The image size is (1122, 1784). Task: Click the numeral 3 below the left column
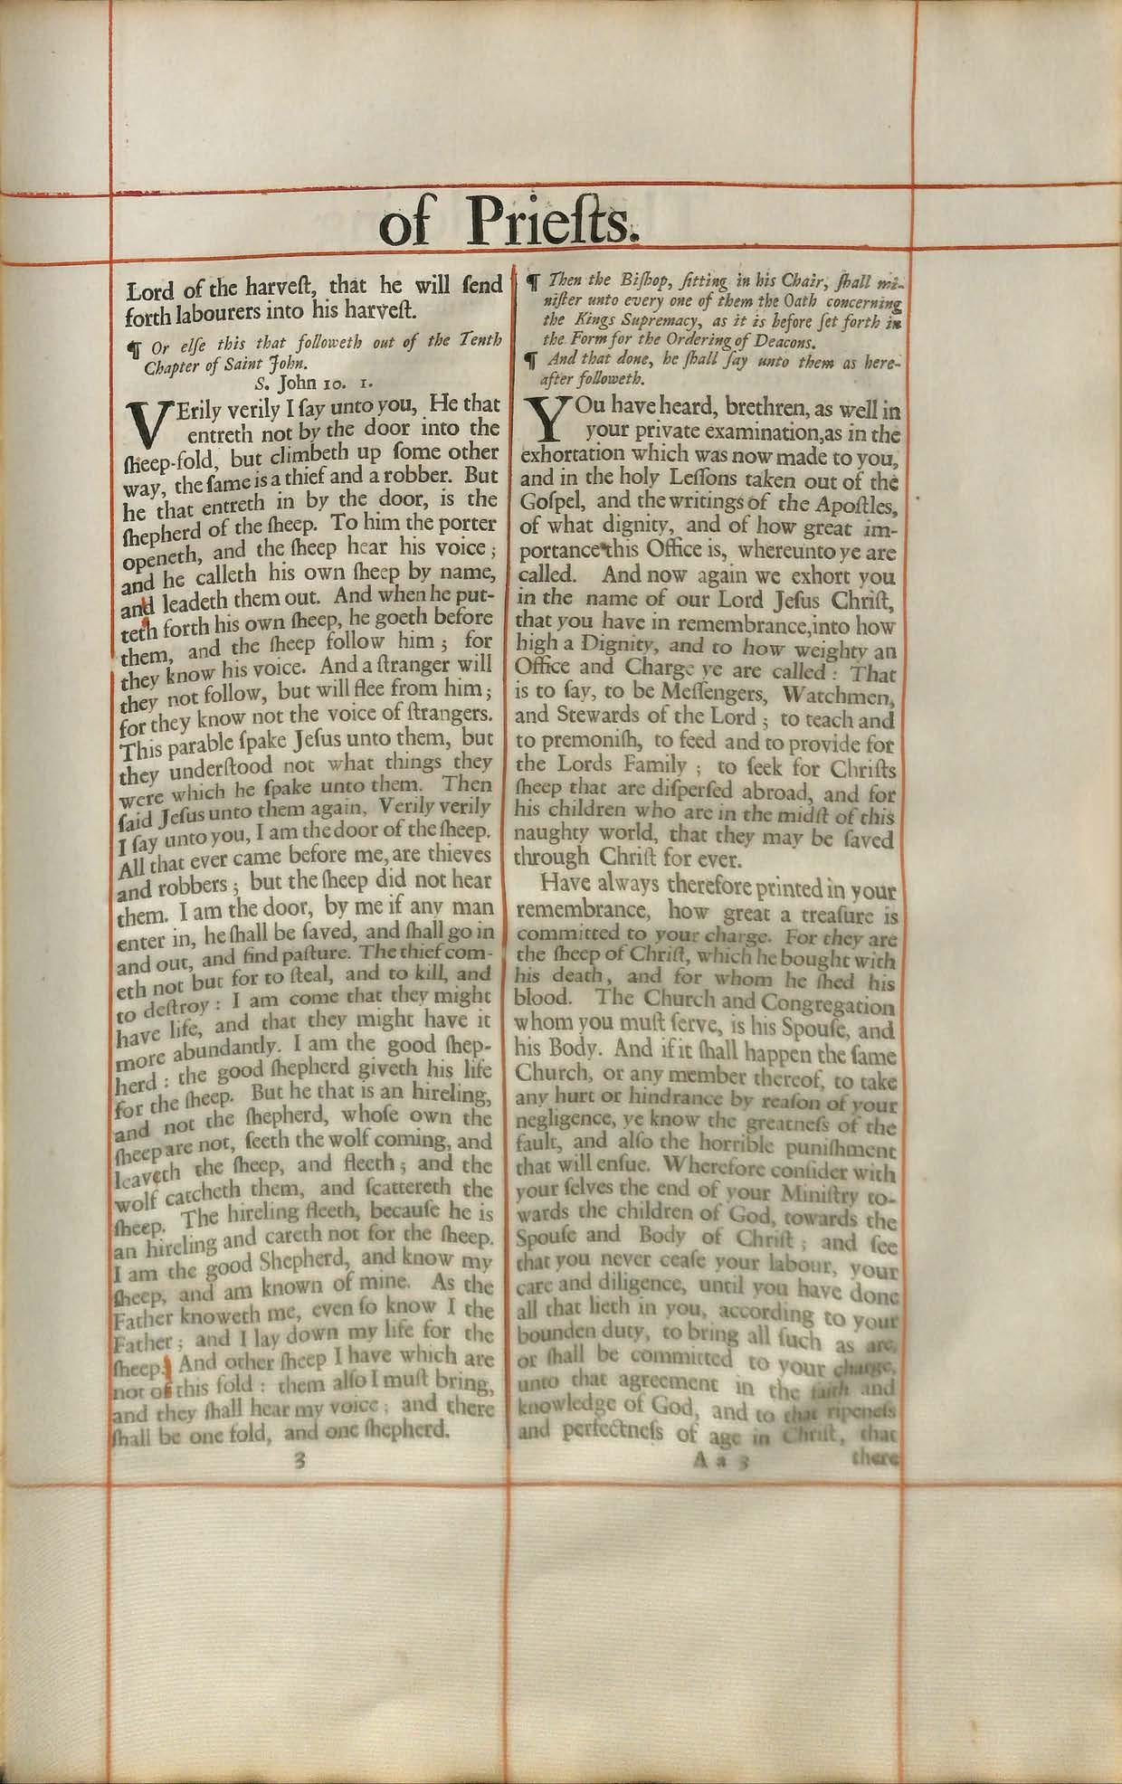(x=298, y=1459)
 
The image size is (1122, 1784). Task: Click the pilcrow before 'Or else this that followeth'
(x=133, y=346)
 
